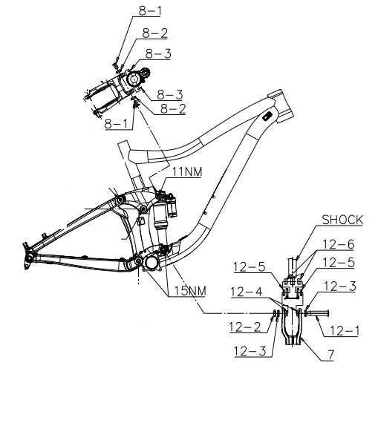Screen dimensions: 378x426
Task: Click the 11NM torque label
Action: coord(187,171)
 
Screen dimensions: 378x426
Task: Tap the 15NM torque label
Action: coord(190,291)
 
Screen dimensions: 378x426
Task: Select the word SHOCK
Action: coord(342,220)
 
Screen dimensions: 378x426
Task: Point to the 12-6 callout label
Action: coord(339,244)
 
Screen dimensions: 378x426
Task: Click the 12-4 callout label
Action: coord(247,292)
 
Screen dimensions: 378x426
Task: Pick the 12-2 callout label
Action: coord(245,327)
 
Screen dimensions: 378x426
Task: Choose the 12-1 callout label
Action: coord(345,331)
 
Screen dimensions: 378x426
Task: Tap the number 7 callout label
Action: coord(330,355)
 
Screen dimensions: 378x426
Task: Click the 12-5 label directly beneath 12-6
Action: coord(339,263)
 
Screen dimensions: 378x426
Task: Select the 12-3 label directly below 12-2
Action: coord(250,351)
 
